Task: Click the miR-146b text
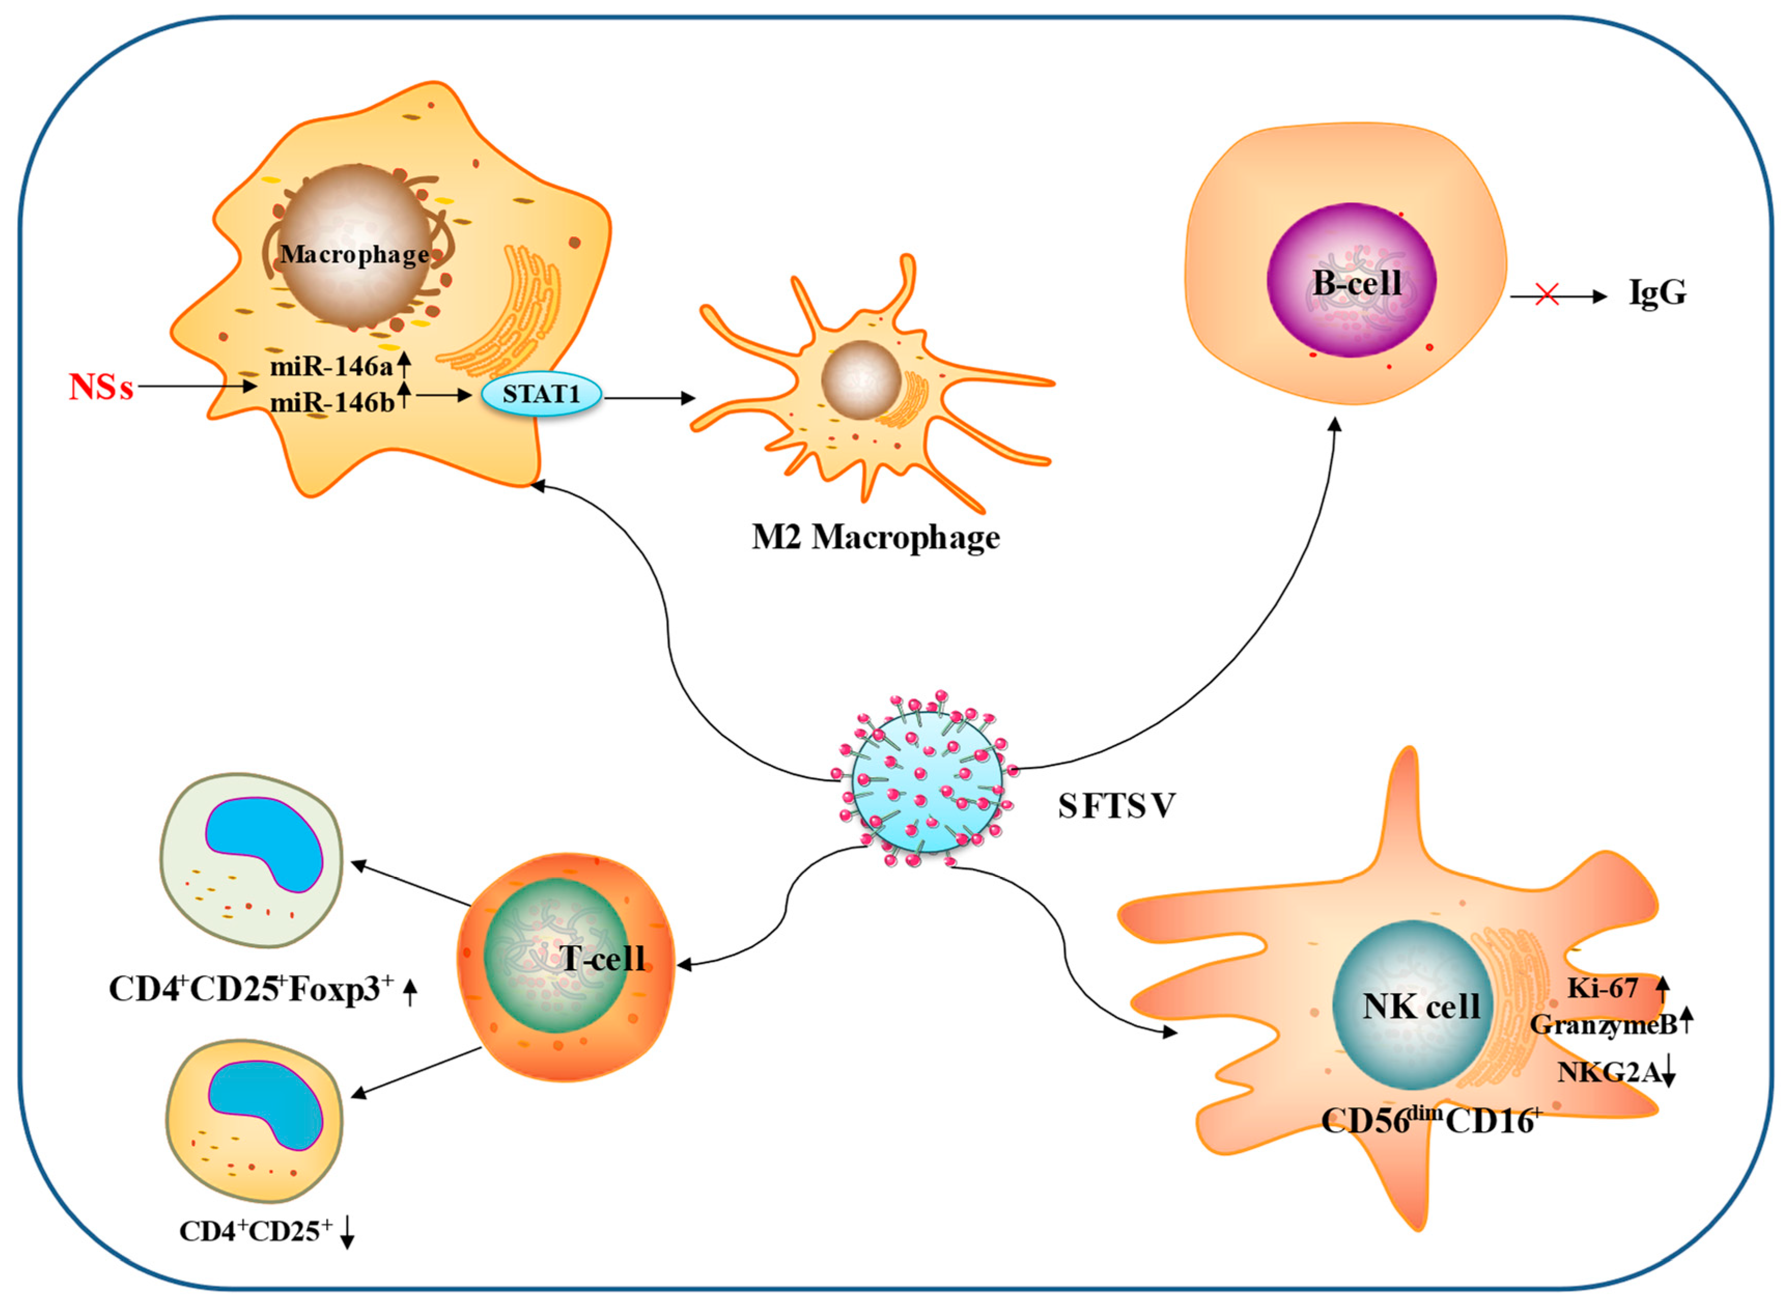[331, 402]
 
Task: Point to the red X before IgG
[1547, 296]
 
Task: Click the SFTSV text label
[1117, 806]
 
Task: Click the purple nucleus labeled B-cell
[1351, 280]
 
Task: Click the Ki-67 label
[1603, 988]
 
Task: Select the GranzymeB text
[1603, 1025]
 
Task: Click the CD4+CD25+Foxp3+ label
[251, 989]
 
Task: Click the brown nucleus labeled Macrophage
[355, 245]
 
